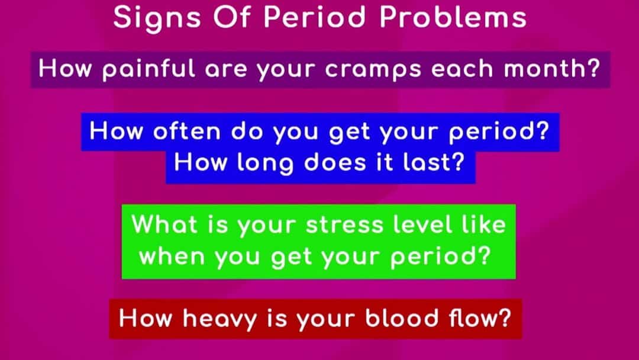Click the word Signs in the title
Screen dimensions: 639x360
pyautogui.click(x=157, y=19)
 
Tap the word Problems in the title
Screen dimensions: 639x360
pyautogui.click(x=453, y=17)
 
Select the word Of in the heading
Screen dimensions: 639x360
pyautogui.click(x=233, y=17)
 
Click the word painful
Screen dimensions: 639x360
pyautogui.click(x=149, y=69)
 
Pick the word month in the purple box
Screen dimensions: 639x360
pyautogui.click(x=544, y=68)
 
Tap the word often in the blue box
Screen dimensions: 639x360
pyautogui.click(x=187, y=131)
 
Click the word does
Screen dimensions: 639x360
pyautogui.click(x=335, y=162)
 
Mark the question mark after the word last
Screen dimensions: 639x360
pyautogui.click(x=458, y=162)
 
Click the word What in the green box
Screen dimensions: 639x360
pyautogui.click(x=164, y=224)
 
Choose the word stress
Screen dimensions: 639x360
pyautogui.click(x=344, y=225)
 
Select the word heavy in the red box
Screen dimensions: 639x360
pyautogui.click(x=220, y=319)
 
